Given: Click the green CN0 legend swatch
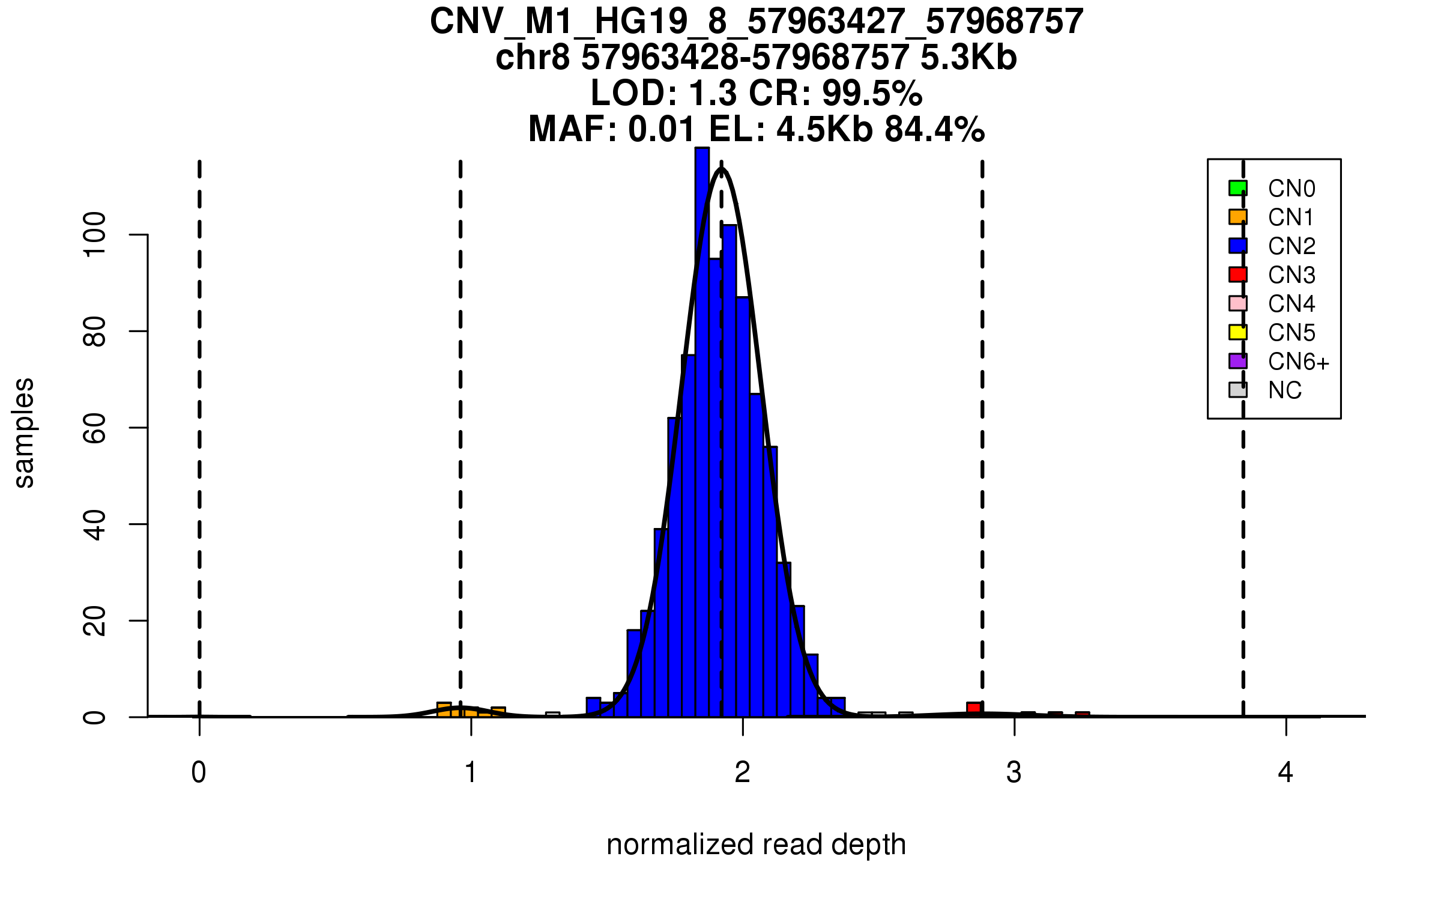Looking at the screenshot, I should point(1237,188).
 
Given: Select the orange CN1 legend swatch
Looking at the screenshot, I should point(1237,217).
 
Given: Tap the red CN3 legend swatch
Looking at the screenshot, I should point(1237,275).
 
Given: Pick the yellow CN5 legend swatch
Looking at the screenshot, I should point(1237,332).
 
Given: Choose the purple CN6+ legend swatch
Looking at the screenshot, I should point(1237,361).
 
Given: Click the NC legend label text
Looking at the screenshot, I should point(1285,391).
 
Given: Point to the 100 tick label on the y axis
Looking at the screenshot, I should point(95,234).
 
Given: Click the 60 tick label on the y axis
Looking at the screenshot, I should point(95,428).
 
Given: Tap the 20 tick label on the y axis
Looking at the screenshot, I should point(95,620).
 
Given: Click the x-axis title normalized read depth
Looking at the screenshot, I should point(756,845).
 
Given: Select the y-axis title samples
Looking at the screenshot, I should point(24,433).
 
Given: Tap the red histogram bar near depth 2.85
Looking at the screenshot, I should point(974,709).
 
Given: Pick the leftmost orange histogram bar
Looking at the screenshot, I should point(444,709).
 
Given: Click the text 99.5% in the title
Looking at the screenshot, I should point(872,93).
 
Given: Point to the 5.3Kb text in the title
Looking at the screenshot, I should point(968,58).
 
